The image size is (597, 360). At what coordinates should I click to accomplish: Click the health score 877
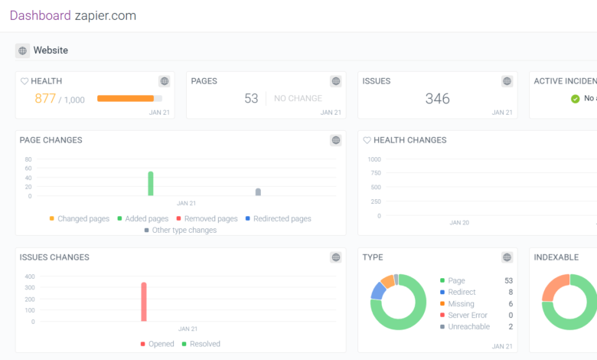(45, 98)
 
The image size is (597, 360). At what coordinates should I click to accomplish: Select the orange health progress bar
(126, 98)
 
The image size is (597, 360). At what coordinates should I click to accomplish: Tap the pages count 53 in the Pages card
(251, 98)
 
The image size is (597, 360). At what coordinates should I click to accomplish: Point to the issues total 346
(438, 98)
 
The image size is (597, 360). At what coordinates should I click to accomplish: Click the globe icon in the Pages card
(336, 81)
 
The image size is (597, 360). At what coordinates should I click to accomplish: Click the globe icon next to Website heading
(22, 51)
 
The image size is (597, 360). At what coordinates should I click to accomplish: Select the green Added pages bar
(151, 183)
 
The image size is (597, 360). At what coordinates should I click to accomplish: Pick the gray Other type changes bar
(258, 191)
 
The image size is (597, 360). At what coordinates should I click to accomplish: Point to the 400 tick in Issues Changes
(29, 277)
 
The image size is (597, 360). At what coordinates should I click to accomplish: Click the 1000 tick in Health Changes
(374, 159)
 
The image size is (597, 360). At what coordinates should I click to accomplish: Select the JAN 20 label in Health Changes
(459, 223)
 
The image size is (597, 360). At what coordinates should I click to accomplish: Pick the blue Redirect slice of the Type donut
(377, 290)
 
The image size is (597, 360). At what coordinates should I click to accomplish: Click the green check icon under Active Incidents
(576, 98)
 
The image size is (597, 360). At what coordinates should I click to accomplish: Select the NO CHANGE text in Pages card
(298, 98)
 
